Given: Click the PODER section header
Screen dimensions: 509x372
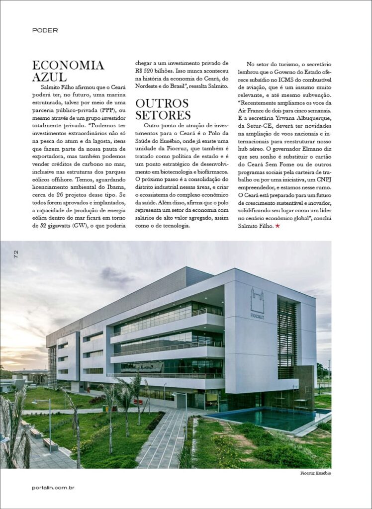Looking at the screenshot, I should pyautogui.click(x=45, y=30).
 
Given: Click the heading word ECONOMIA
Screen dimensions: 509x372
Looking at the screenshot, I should pyautogui.click(x=68, y=65).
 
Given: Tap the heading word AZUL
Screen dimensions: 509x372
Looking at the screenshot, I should pyautogui.click(x=49, y=77).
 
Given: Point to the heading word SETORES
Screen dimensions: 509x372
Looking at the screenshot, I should pyautogui.click(x=163, y=115).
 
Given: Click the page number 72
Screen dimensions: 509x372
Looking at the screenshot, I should pyautogui.click(x=16, y=254).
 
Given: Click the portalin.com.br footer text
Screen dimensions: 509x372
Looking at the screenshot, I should pyautogui.click(x=53, y=488).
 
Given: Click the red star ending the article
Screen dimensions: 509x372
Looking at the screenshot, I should pyautogui.click(x=277, y=227).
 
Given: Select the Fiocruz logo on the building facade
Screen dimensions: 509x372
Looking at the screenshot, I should pyautogui.click(x=257, y=303).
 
